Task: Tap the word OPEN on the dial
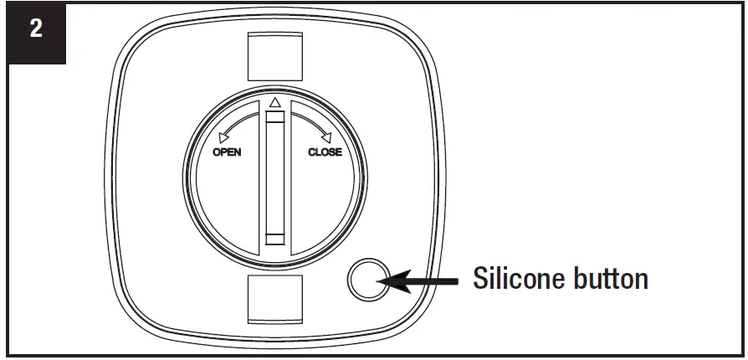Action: [228, 152]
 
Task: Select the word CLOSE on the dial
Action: [325, 152]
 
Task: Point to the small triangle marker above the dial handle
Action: [274, 102]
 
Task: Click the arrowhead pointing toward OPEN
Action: [222, 137]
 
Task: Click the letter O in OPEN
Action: [216, 152]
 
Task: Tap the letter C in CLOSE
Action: [312, 152]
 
